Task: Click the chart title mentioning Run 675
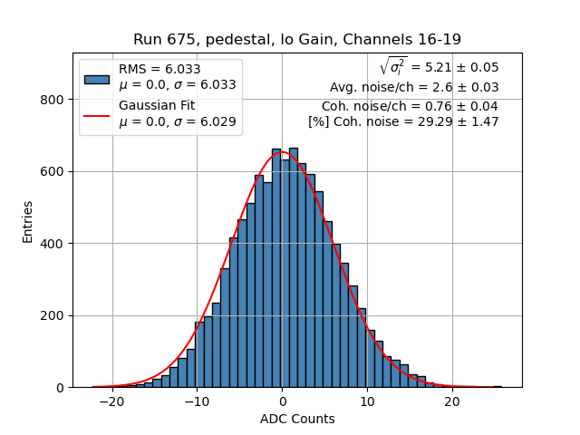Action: (x=297, y=39)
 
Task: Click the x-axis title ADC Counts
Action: (x=297, y=419)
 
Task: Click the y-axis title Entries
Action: (x=28, y=220)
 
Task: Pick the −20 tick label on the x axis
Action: (x=111, y=402)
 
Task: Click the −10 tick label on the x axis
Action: (x=197, y=402)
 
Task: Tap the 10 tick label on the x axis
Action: (x=367, y=402)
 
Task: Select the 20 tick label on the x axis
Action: (x=452, y=402)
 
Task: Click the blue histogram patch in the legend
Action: (x=96, y=78)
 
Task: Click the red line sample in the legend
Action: (x=96, y=114)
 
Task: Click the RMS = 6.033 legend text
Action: (x=159, y=70)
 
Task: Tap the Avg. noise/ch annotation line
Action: (x=414, y=87)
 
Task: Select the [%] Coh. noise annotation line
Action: (x=403, y=121)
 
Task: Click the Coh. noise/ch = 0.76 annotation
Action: (x=410, y=105)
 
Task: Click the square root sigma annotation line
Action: (x=439, y=67)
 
